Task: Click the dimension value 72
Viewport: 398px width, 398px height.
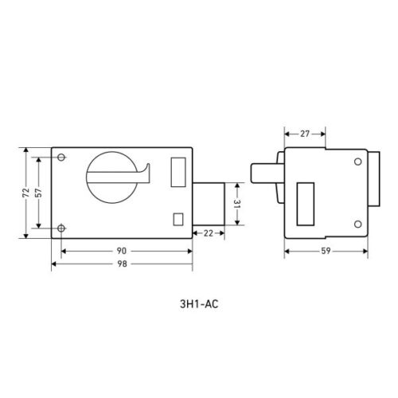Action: click(x=25, y=193)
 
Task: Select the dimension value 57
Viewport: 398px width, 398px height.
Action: click(x=38, y=193)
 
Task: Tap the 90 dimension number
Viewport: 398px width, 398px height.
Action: click(x=122, y=251)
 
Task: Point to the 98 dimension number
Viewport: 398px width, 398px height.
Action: click(x=122, y=263)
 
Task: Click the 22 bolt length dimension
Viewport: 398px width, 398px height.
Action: click(x=209, y=233)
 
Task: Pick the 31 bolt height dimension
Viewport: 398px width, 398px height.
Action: click(x=237, y=204)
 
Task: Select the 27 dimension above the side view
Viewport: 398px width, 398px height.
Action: click(x=305, y=134)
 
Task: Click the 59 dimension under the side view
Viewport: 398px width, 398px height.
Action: click(x=326, y=251)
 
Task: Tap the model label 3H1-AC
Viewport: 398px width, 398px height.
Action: click(x=199, y=304)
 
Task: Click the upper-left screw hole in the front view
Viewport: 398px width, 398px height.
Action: click(x=61, y=157)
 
